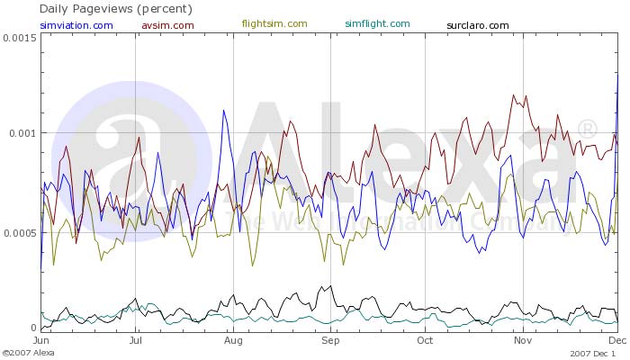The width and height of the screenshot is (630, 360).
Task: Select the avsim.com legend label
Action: [x=167, y=24]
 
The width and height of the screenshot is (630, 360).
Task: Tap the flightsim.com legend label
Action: [x=274, y=23]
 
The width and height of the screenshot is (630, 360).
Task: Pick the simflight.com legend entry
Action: [x=377, y=23]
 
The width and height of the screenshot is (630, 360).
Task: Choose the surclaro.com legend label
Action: [x=477, y=24]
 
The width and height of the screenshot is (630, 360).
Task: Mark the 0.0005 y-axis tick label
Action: [x=19, y=232]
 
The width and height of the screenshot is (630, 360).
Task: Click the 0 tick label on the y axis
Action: [x=33, y=328]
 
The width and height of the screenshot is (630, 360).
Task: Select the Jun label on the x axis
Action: [x=41, y=342]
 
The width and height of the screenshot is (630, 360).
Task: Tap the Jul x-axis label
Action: [x=135, y=342]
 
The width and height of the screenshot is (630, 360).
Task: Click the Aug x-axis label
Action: [x=233, y=342]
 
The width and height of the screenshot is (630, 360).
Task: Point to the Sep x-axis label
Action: [x=331, y=342]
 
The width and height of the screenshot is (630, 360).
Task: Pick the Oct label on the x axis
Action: [x=426, y=342]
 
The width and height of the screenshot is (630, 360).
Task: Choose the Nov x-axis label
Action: [x=523, y=342]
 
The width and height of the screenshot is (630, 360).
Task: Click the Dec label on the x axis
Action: [x=617, y=342]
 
